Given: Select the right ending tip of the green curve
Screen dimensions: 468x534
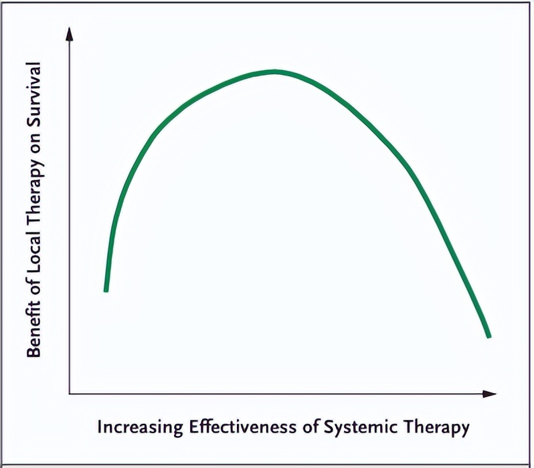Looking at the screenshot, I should (489, 336).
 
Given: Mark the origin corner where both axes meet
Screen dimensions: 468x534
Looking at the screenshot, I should (70, 393).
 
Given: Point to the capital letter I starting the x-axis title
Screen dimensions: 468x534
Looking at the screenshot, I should (100, 427).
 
